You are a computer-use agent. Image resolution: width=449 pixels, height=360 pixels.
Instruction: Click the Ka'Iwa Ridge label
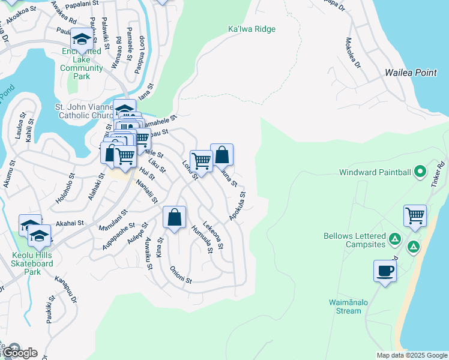pos(252,29)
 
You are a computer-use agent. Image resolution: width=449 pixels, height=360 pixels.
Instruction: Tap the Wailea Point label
pos(411,73)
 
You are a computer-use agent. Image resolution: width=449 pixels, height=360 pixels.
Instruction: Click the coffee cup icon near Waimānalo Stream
pos(385,271)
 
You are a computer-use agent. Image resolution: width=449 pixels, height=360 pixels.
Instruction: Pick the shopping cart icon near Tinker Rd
pos(415,216)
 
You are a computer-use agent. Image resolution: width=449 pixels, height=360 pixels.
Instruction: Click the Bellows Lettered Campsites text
pos(354,240)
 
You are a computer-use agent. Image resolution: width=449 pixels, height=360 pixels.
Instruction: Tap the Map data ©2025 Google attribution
pos(411,355)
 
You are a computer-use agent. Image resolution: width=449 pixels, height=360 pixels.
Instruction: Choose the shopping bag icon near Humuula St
pos(175,217)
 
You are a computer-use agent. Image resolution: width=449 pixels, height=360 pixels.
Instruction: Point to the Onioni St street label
pos(180,275)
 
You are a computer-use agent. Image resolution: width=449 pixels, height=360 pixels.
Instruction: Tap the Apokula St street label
pos(237,206)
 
